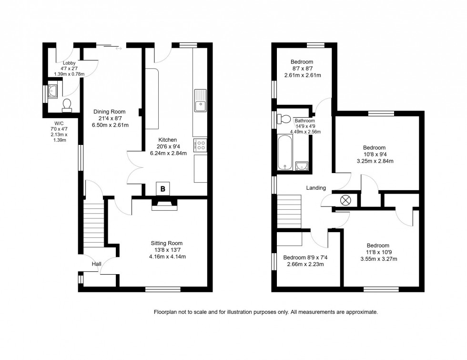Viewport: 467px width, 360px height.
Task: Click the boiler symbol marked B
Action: tap(163, 189)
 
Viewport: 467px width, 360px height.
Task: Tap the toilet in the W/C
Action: tap(67, 104)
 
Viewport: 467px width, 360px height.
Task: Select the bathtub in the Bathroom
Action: tap(285, 152)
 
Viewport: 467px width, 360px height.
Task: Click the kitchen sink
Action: tap(200, 100)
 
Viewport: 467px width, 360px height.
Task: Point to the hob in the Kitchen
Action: tap(201, 144)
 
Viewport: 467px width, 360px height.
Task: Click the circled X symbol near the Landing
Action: tap(345, 200)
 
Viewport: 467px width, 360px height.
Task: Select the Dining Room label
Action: tap(109, 112)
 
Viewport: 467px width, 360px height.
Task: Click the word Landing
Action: tap(316, 188)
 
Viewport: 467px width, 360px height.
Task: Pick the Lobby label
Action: tap(70, 63)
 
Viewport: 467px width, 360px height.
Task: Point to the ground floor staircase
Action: tap(93, 225)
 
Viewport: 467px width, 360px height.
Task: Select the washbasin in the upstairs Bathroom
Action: tap(301, 166)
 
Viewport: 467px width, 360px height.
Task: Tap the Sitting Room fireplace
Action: tap(164, 205)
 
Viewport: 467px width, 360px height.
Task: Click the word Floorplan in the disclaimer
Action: tap(165, 312)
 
